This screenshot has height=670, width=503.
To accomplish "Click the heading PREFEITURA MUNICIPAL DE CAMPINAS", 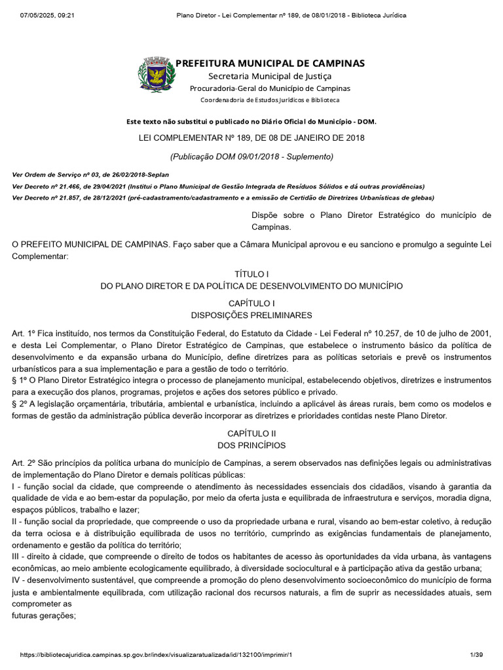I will coord(270,63).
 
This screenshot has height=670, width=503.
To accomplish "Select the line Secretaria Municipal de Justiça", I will coord(270,77).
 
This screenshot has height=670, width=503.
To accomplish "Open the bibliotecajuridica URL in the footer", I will coord(157,655).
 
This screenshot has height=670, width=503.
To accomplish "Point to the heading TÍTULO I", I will coord(251,274).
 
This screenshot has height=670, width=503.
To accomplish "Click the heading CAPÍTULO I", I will coord(251,303).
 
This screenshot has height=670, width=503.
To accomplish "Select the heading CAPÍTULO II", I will coord(251,434).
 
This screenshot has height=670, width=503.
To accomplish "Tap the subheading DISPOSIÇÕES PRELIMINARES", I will coord(251,315).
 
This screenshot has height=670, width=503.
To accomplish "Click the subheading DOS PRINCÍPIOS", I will coord(251,446).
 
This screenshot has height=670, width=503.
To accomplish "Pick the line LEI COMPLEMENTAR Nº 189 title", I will coord(251,138).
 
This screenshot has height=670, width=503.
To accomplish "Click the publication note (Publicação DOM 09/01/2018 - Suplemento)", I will coord(251,157).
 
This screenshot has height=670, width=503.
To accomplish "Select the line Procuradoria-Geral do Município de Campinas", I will coord(270,88).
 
